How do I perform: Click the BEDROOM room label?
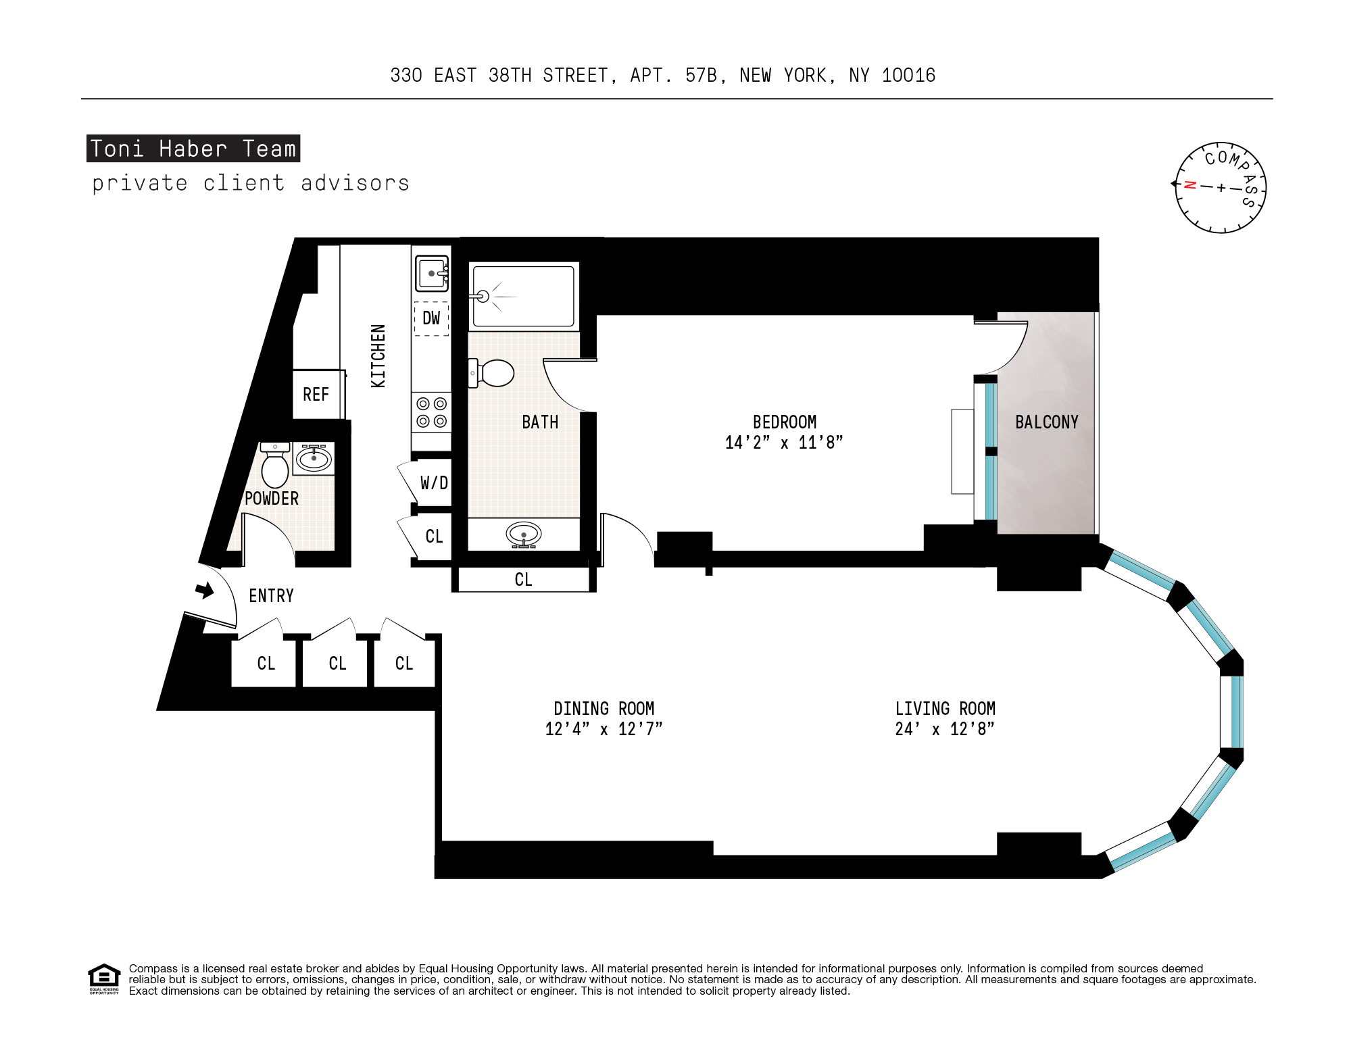[784, 422]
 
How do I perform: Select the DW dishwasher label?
[431, 318]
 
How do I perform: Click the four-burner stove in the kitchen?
[431, 412]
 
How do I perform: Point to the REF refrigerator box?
[316, 395]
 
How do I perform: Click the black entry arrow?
[205, 591]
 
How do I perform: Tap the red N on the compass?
[1191, 185]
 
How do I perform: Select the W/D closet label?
[434, 483]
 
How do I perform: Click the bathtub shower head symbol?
[483, 296]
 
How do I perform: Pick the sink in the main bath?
[523, 535]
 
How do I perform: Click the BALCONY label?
[1046, 422]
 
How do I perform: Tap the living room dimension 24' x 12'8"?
[945, 729]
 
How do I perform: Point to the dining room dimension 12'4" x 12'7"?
[604, 729]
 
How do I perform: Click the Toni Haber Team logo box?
[193, 149]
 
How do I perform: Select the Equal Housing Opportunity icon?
[104, 978]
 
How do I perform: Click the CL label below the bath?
[523, 580]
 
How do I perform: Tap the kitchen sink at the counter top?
[432, 274]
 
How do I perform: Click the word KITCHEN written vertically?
[378, 356]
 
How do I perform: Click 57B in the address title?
[701, 76]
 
